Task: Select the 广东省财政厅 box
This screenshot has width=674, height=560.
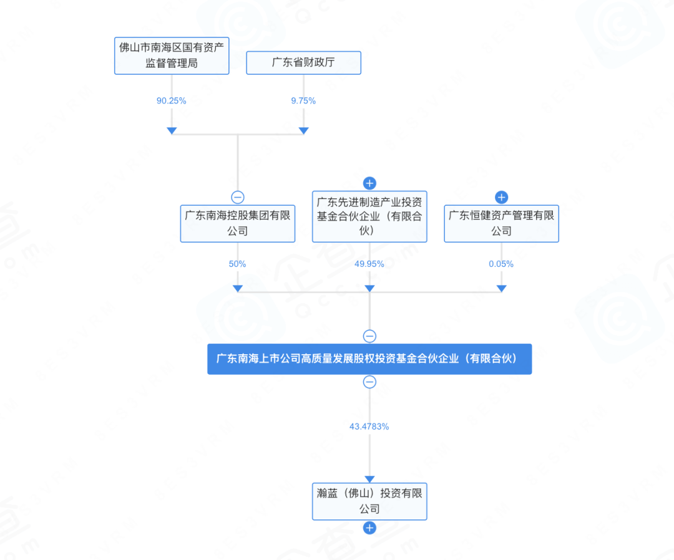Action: click(x=303, y=63)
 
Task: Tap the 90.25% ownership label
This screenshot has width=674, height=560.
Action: click(x=172, y=100)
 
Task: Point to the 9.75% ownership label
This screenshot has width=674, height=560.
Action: click(x=303, y=100)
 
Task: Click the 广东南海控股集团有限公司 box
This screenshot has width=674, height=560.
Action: click(x=237, y=223)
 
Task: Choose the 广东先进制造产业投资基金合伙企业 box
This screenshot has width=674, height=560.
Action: click(x=369, y=216)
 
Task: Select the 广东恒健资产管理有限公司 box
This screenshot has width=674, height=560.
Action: click(x=501, y=223)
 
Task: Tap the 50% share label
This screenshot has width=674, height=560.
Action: click(x=237, y=264)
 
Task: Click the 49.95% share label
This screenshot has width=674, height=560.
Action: click(x=369, y=264)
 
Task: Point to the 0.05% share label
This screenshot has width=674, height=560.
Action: click(x=501, y=264)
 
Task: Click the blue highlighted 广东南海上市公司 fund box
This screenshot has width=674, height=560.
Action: click(x=369, y=359)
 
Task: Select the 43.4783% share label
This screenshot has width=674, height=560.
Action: click(x=369, y=427)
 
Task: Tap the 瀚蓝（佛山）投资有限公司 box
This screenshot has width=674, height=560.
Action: click(x=369, y=501)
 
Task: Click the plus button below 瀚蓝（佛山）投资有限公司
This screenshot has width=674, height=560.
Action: click(x=369, y=528)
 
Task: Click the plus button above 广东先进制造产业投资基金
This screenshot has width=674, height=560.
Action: click(x=369, y=183)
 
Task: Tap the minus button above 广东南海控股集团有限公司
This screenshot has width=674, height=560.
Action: click(x=237, y=197)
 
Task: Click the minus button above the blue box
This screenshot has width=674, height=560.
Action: click(x=369, y=336)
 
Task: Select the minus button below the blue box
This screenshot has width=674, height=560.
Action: click(x=369, y=382)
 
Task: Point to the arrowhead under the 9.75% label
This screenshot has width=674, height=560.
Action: click(x=303, y=130)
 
